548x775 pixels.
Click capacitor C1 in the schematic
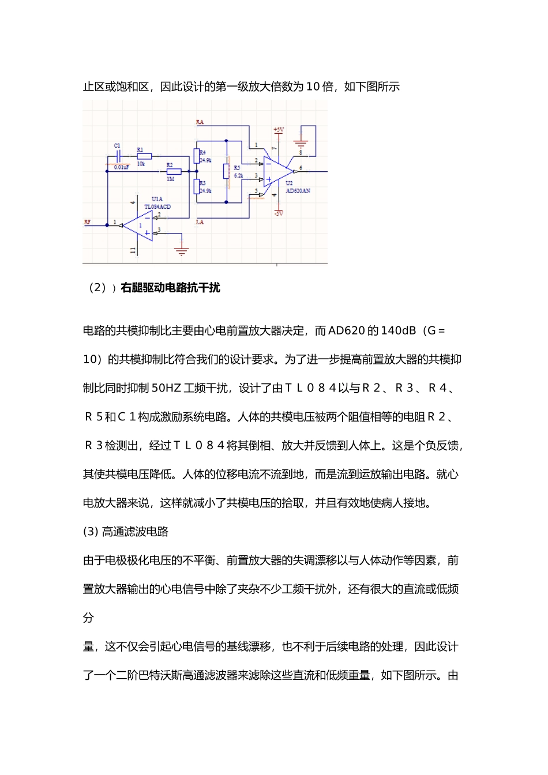point(118,156)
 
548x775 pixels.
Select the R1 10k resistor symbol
point(144,156)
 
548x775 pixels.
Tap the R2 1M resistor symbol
point(174,171)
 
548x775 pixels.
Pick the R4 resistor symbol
point(197,156)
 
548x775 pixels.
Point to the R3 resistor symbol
point(197,187)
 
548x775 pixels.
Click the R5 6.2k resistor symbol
point(227,171)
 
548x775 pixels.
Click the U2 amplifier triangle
point(276,171)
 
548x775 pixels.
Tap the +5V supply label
point(279,130)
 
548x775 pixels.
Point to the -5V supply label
point(279,213)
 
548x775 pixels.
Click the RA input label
point(200,122)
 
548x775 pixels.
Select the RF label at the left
point(87,222)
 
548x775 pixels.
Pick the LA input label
point(200,222)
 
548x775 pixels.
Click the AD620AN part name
point(298,191)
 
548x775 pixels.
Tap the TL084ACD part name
point(157,206)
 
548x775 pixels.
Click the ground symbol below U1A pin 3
point(182,251)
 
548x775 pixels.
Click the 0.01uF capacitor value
point(121,167)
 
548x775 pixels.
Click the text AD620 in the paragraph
point(346,331)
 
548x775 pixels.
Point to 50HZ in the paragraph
point(166,388)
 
